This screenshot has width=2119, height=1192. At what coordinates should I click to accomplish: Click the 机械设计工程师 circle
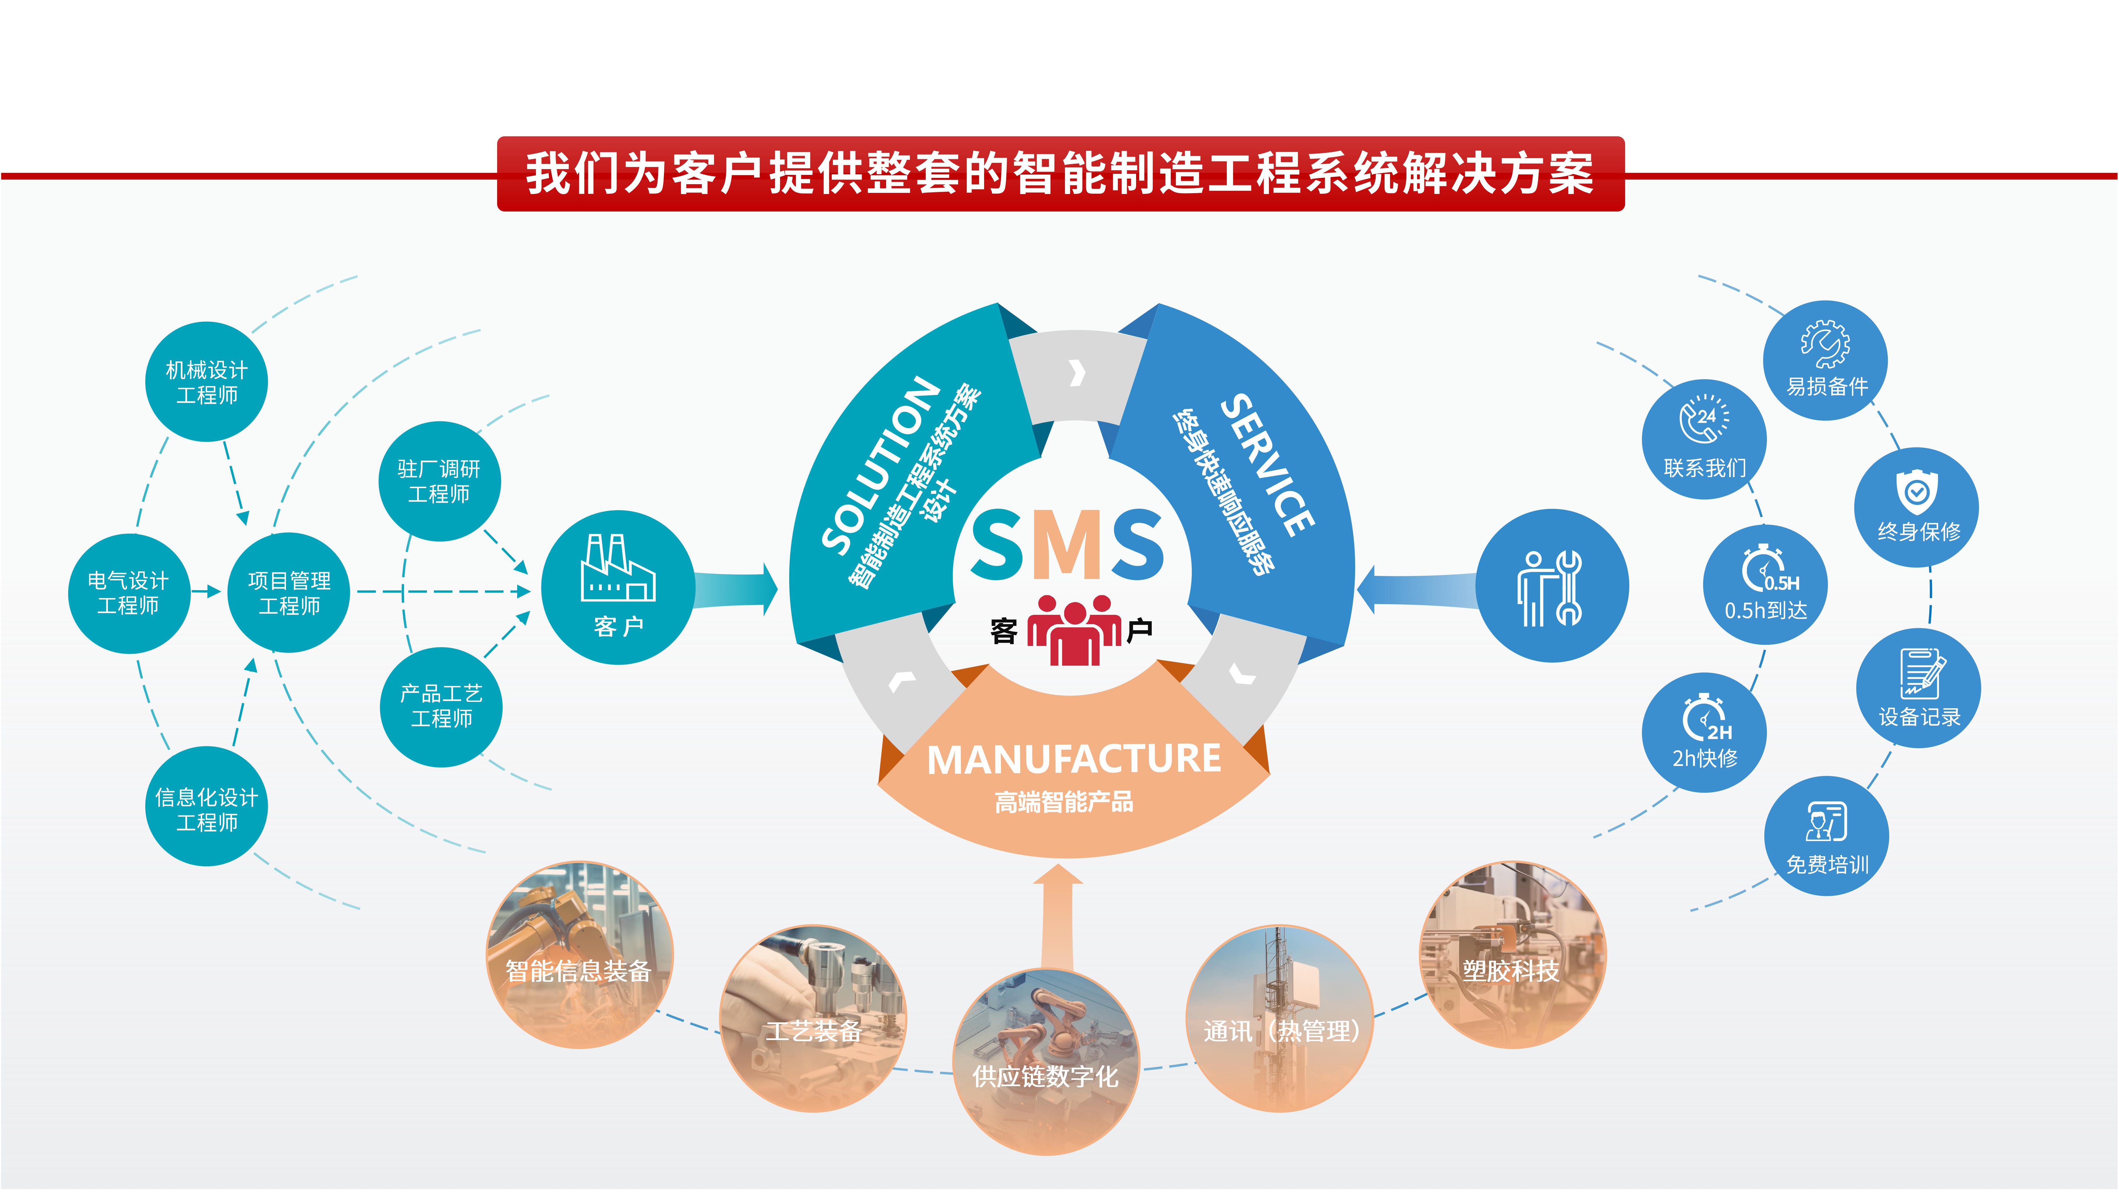tap(207, 382)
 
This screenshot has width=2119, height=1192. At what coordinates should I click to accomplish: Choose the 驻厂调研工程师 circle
tap(439, 481)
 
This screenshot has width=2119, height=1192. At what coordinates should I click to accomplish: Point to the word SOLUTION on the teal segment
tap(880, 465)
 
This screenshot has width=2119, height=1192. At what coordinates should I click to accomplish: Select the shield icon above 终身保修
tap(1917, 492)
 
